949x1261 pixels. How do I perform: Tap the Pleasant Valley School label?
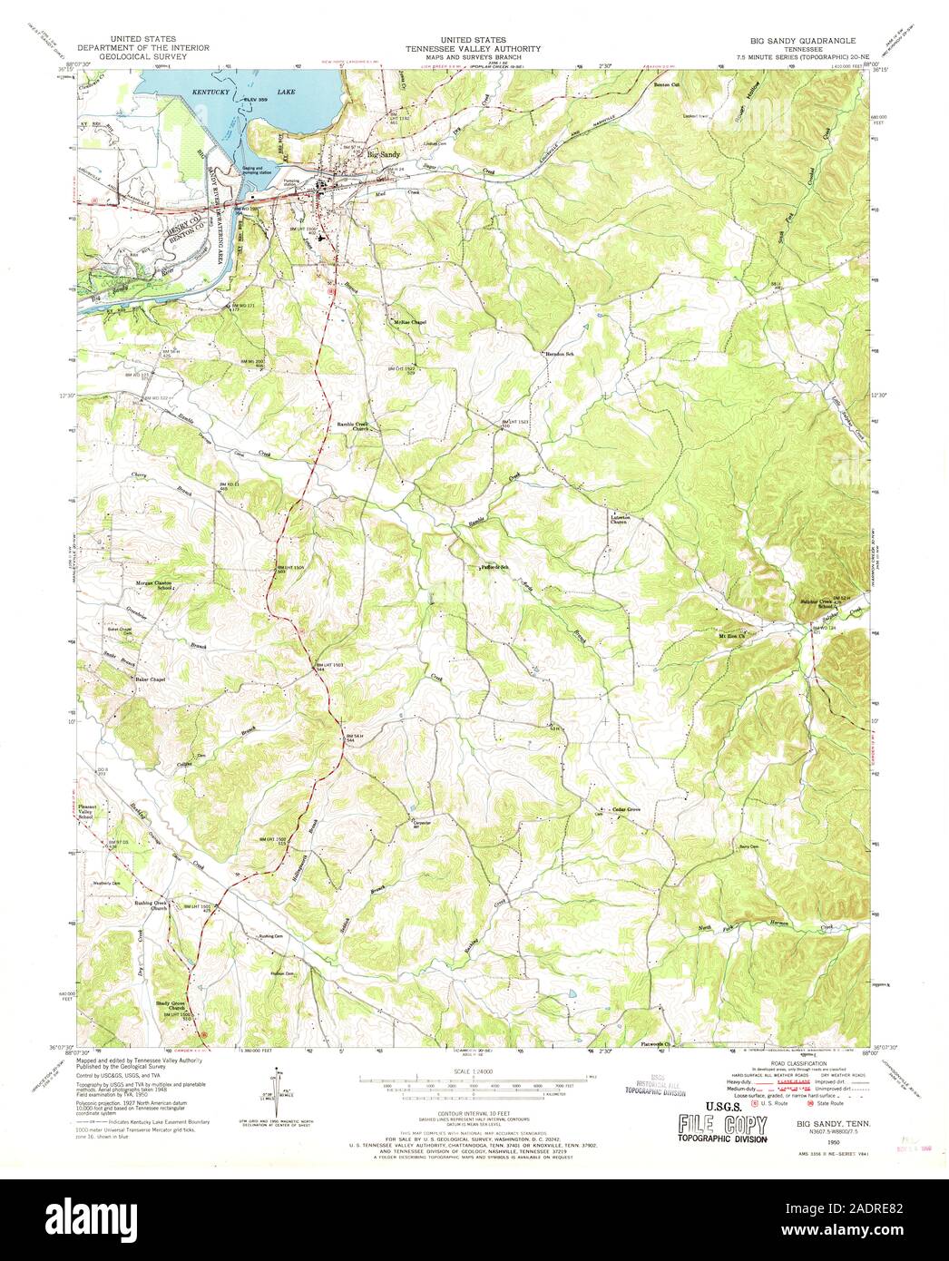[85, 812]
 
